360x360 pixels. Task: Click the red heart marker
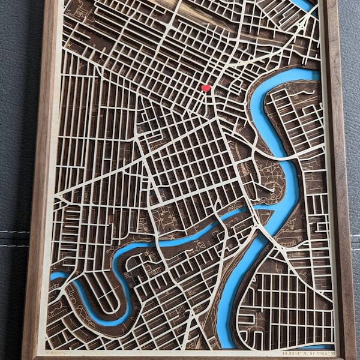[206, 88]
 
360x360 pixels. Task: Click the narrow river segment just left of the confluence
[237, 213]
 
